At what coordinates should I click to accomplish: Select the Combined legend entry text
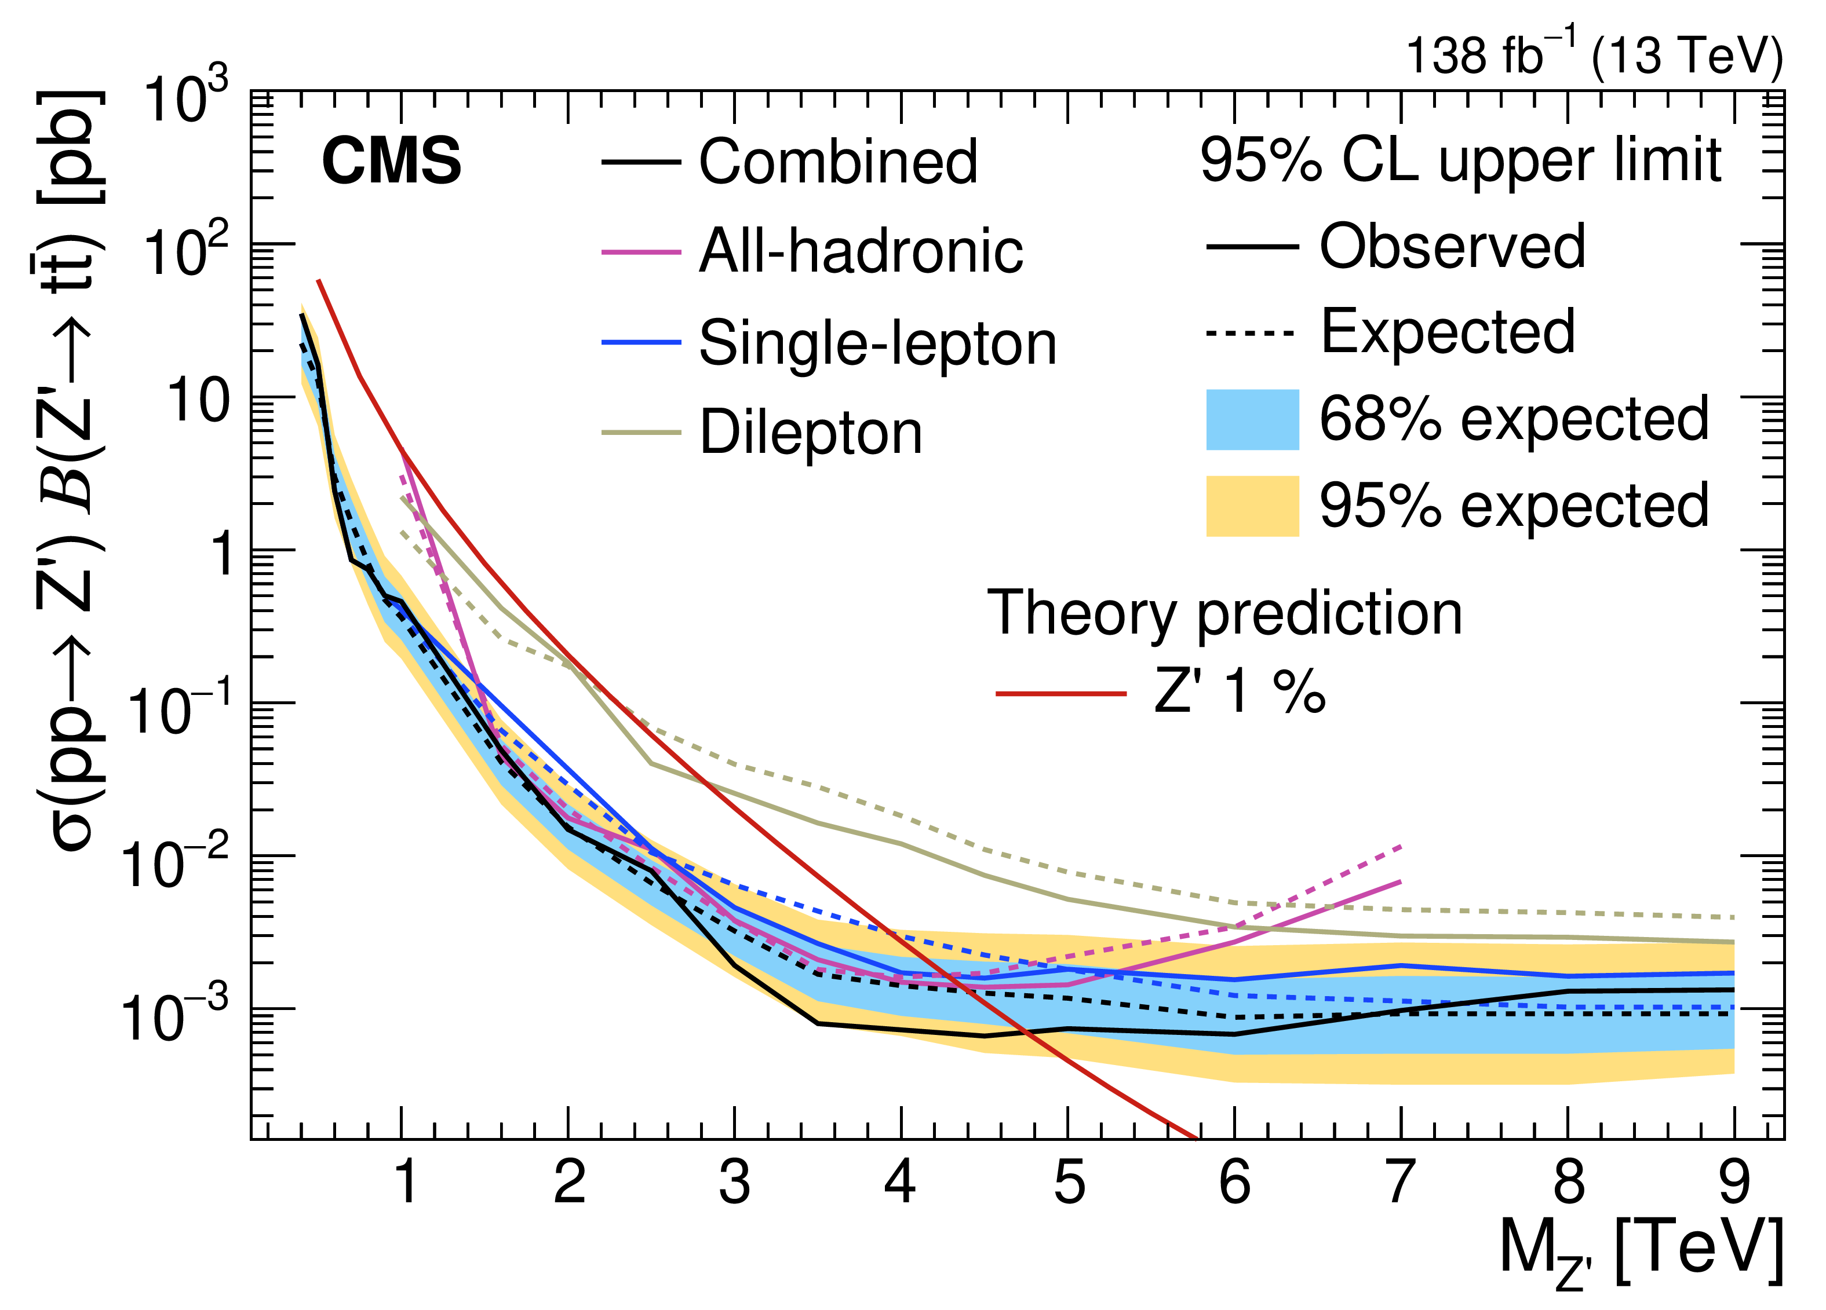coord(837,162)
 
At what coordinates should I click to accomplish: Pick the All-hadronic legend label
coord(860,252)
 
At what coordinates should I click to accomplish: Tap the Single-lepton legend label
coord(877,343)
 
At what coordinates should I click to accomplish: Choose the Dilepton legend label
coord(810,433)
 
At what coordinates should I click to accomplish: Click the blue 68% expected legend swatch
coord(1252,419)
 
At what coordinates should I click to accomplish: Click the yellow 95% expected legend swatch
coord(1252,506)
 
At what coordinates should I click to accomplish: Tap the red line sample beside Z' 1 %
coord(1060,693)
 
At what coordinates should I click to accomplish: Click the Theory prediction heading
coord(1224,614)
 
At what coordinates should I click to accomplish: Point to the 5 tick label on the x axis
coord(1069,1183)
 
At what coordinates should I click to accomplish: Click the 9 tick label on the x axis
coord(1733,1183)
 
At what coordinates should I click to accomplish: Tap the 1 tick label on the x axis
coord(407,1183)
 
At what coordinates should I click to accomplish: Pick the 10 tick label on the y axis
coord(198,400)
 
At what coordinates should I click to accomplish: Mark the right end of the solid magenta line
coord(1401,882)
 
